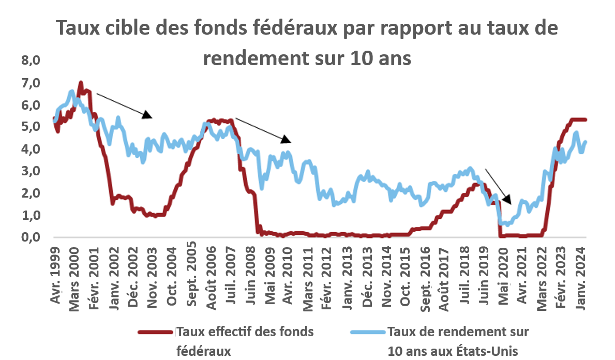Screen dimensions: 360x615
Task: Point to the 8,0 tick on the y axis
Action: (31, 61)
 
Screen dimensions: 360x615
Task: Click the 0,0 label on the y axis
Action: (31, 237)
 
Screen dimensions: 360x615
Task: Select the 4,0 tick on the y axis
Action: (31, 149)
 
